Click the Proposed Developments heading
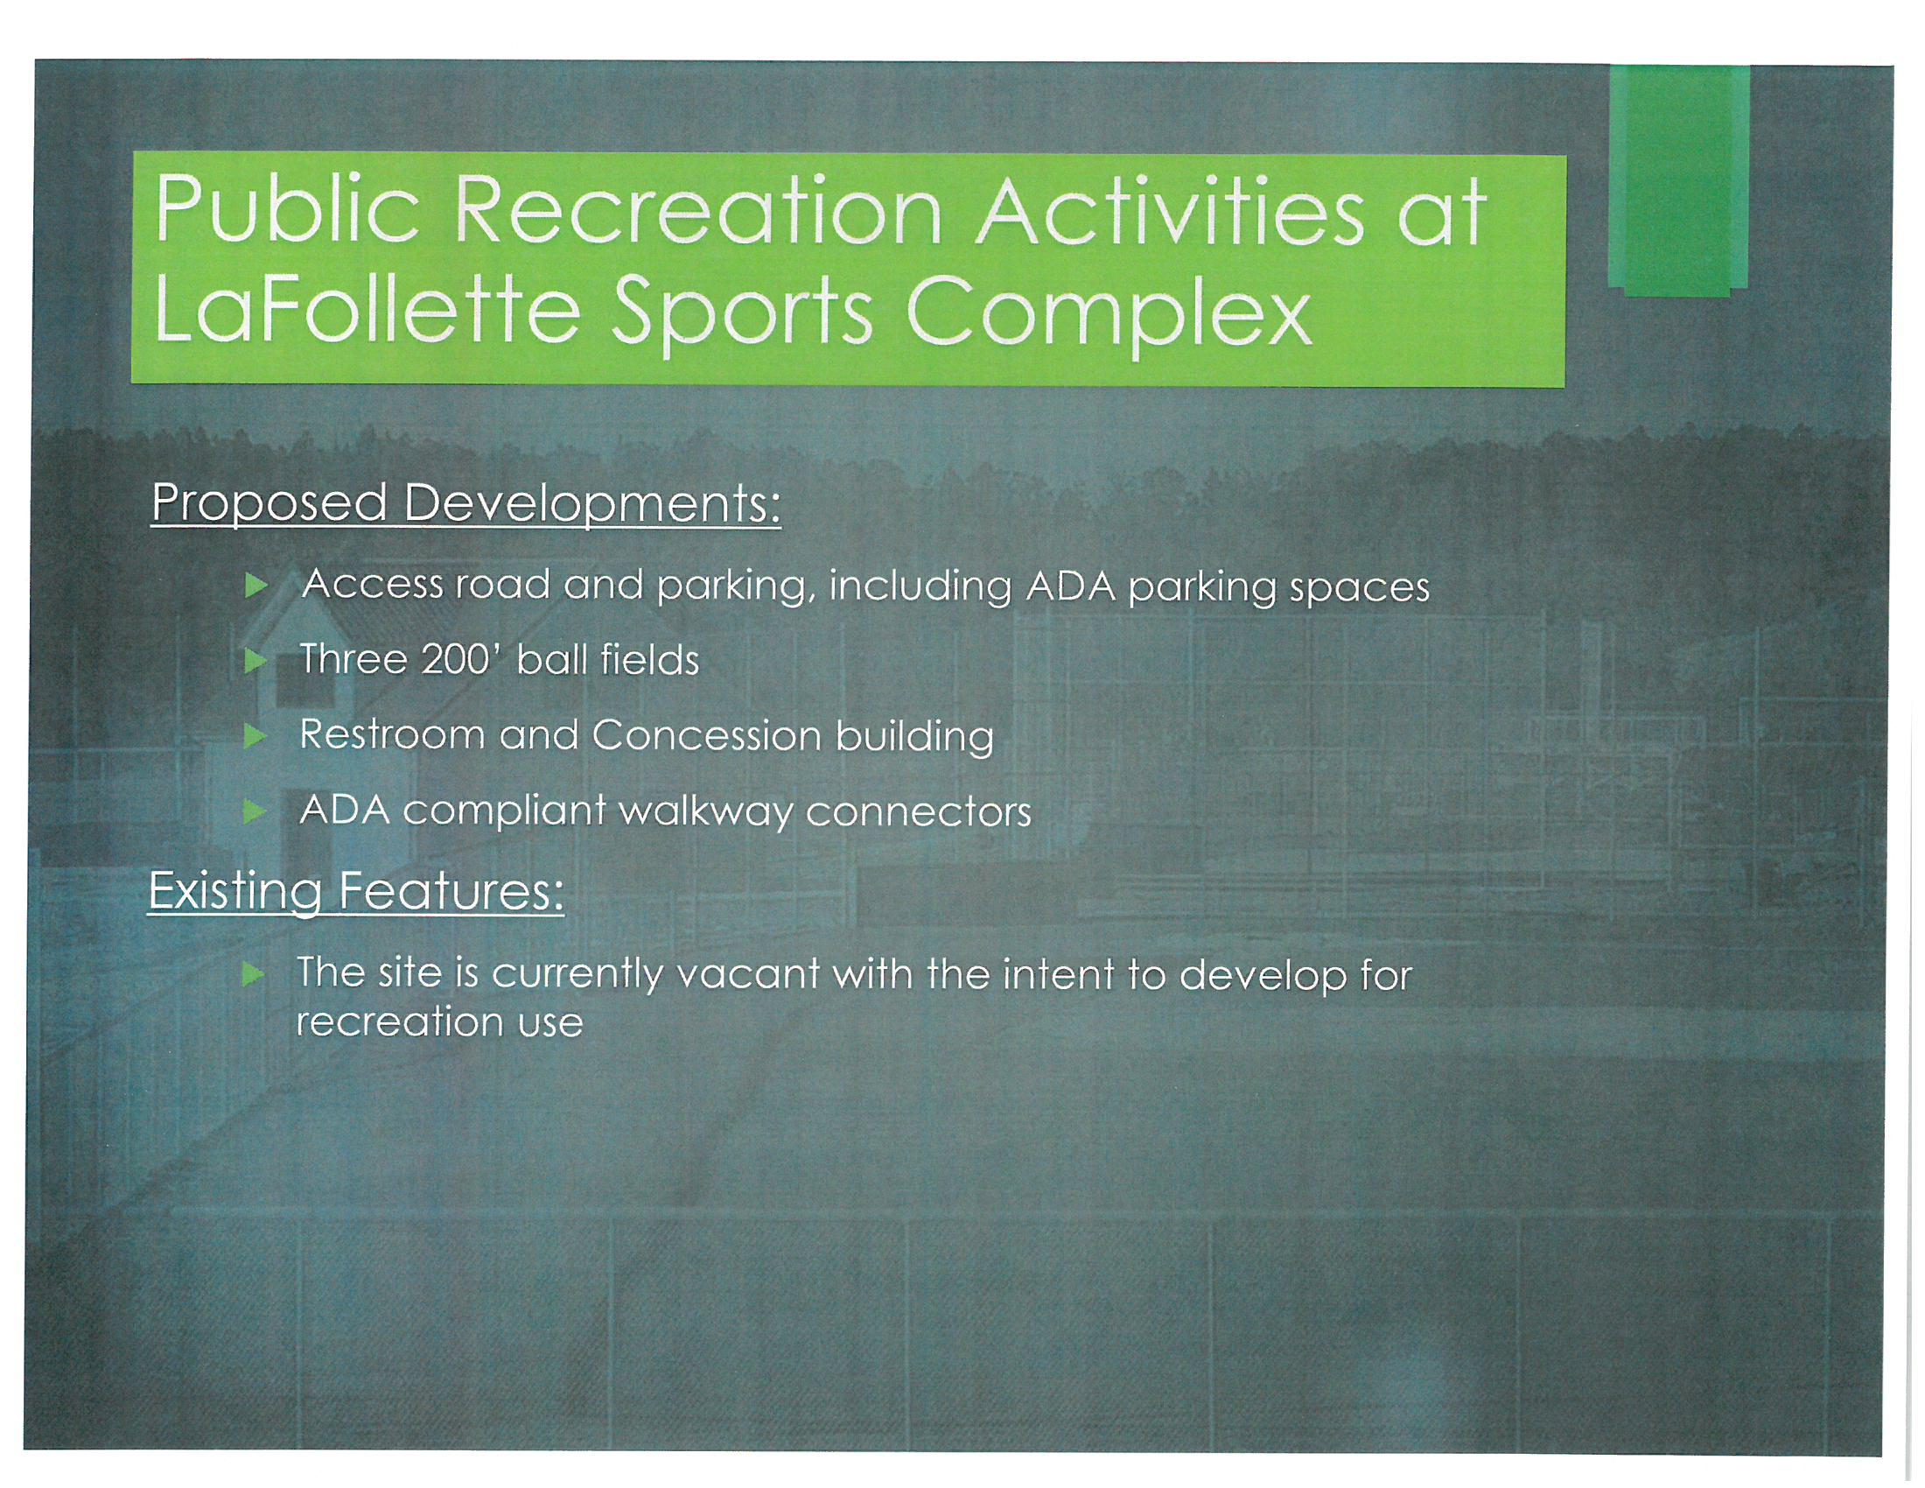click(x=466, y=504)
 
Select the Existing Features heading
click(x=356, y=892)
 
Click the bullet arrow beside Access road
click(x=255, y=586)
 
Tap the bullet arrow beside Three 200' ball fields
click(x=255, y=660)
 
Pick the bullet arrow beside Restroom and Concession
click(x=255, y=735)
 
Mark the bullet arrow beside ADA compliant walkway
click(x=255, y=811)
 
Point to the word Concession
click(x=707, y=735)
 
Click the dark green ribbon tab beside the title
click(x=1678, y=179)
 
